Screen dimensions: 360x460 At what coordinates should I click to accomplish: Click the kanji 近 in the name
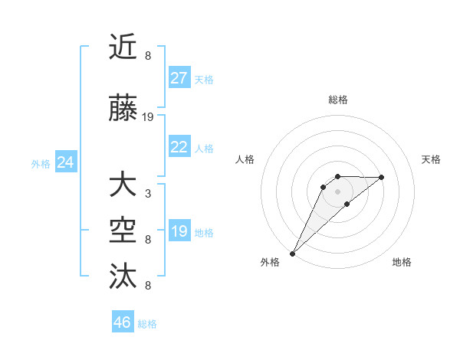point(123,47)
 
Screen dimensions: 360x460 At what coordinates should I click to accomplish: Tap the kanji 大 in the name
point(123,186)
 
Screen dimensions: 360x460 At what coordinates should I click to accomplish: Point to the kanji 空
point(123,230)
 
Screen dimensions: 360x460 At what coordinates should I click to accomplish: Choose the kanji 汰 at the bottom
point(123,274)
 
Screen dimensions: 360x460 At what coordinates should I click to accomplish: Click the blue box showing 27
point(179,79)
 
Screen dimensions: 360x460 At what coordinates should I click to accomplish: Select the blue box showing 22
point(179,147)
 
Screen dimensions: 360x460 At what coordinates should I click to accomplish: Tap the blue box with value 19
point(179,231)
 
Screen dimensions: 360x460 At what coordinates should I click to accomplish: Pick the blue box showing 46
point(123,322)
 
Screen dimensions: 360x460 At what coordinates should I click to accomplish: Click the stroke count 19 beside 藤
point(148,117)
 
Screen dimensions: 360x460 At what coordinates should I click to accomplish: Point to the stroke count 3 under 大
point(147,193)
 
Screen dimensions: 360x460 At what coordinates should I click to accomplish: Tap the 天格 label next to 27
point(204,80)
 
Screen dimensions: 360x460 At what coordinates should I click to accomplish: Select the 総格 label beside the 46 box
point(147,323)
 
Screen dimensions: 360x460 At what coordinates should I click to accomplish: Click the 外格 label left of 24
point(41,163)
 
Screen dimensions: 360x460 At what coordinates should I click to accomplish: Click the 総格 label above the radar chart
point(337,100)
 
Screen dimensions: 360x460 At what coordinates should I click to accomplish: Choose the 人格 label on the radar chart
point(245,159)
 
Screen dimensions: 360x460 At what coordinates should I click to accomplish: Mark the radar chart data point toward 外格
point(292,253)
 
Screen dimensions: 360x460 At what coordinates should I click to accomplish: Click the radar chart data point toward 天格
point(382,177)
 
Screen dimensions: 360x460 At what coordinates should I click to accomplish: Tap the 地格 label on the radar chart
point(402,262)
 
